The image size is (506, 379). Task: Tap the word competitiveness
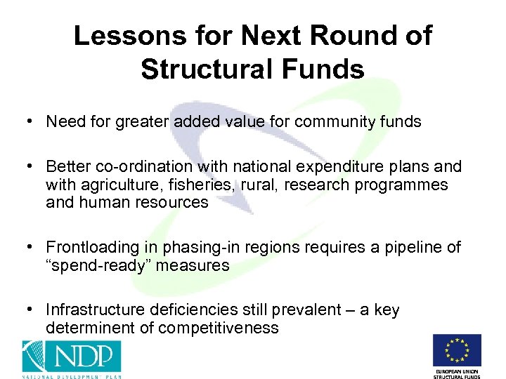pos(219,328)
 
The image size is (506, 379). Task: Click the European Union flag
pos(457,350)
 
